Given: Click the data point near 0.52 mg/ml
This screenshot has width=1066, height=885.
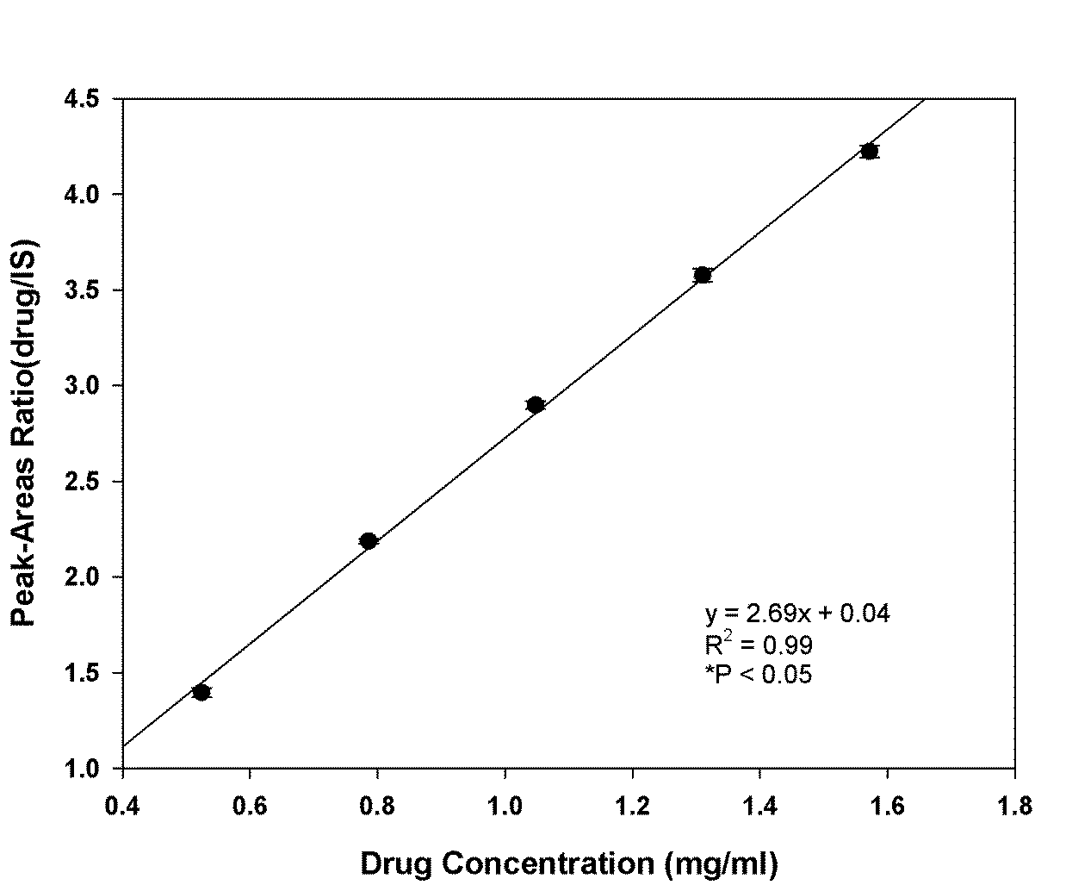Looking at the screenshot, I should pos(201,692).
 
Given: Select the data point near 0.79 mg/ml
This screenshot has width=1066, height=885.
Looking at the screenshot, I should pos(369,541).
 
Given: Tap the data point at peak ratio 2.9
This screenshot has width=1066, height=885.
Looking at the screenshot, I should pos(536,405).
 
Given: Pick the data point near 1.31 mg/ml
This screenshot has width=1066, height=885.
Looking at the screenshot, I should pos(703,275).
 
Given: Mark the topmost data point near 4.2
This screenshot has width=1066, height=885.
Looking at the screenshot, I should pos(870,152).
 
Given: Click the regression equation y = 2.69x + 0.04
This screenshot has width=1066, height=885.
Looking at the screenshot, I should pos(797,614).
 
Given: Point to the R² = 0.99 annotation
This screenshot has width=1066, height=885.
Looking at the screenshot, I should pos(758,644).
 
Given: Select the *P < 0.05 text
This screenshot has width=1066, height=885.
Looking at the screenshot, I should pos(758,674).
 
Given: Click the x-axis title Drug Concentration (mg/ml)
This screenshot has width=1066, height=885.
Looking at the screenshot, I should pos(568,863).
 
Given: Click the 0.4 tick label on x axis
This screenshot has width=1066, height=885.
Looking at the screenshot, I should pos(122,807).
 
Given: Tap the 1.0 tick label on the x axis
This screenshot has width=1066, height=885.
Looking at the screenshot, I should pos(505,807).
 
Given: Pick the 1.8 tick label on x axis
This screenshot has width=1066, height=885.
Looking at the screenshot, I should pos(1014,807).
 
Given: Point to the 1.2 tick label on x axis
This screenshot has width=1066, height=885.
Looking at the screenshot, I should pos(632,807).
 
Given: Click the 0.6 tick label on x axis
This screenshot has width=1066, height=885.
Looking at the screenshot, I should pos(250,807).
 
